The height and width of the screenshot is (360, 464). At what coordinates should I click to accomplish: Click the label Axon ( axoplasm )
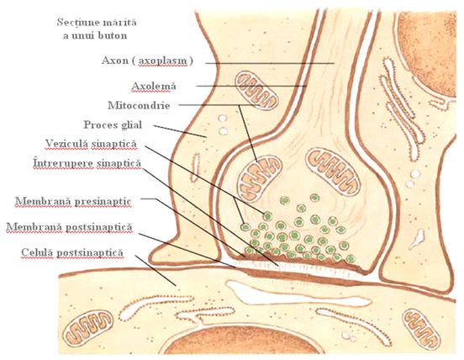147,61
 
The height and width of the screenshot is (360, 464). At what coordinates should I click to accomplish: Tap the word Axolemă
154,86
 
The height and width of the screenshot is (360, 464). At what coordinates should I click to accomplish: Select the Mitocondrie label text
139,105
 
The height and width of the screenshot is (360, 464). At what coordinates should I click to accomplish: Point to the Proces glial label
113,124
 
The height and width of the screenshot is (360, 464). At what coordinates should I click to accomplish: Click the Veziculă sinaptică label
91,144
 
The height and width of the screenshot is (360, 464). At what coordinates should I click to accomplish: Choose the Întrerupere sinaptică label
87,163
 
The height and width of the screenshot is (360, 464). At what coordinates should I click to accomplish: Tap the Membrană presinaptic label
73,201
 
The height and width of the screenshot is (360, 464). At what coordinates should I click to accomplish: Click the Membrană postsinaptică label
69,227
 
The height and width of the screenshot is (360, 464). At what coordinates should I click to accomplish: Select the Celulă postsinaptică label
72,252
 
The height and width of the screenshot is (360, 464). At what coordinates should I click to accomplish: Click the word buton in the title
112,35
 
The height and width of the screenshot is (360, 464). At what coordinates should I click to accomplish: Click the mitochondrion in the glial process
256,91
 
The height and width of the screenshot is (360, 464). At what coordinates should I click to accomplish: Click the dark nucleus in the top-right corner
429,53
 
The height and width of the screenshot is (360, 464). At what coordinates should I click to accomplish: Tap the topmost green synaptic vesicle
314,198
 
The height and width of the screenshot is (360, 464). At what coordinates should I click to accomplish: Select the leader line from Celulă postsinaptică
156,270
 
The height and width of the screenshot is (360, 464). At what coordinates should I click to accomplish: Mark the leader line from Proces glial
180,131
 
